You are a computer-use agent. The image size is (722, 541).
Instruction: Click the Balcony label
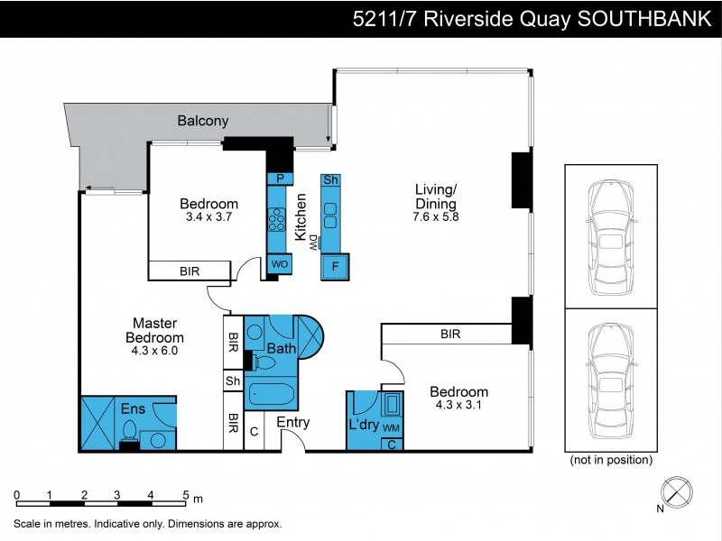202,121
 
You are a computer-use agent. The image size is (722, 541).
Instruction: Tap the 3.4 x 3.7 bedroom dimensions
208,217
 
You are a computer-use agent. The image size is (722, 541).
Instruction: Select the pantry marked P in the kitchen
280,179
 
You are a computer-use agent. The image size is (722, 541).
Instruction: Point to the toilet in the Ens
130,431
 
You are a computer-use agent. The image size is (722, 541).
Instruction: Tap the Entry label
293,422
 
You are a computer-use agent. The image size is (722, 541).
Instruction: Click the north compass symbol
678,492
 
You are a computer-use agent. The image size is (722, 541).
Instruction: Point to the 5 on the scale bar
185,494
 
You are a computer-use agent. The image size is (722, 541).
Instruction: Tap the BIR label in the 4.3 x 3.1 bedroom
450,334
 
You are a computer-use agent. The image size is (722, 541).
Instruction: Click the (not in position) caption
611,460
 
